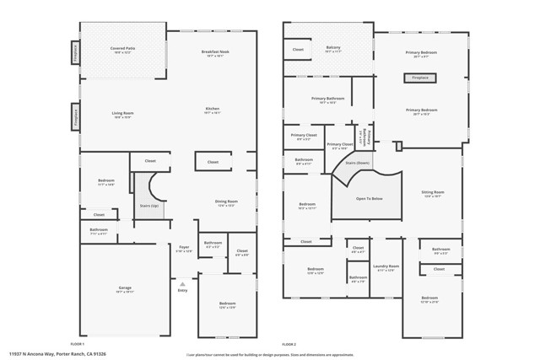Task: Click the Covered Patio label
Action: [x=123, y=50]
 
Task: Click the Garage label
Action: [x=124, y=289]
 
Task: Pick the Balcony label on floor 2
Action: [x=332, y=49]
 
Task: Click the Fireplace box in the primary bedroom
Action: [x=419, y=78]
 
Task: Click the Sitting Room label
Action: [x=432, y=193]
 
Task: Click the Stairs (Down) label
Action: [x=357, y=163]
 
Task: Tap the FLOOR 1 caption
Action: [x=78, y=344]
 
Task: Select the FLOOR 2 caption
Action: [x=289, y=344]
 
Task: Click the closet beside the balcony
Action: [x=298, y=50]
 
